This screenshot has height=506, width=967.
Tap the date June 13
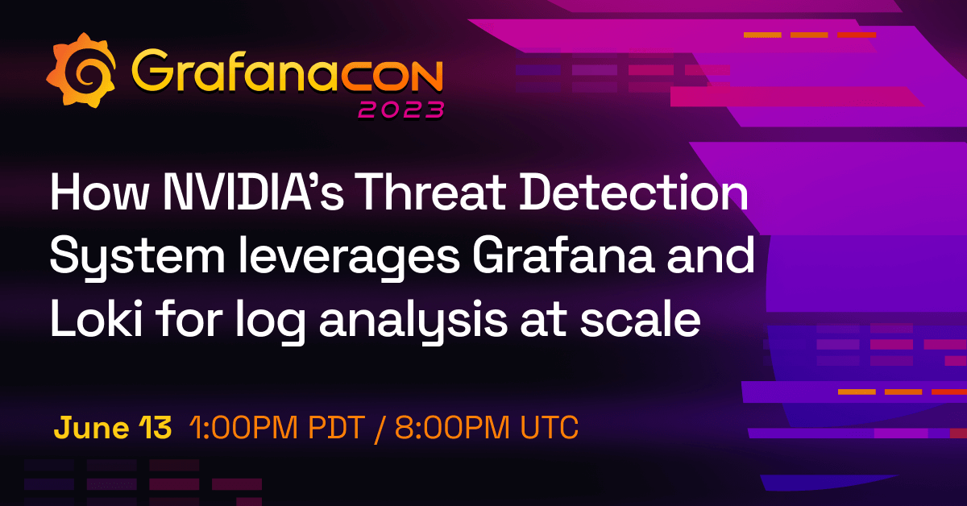(x=113, y=428)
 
